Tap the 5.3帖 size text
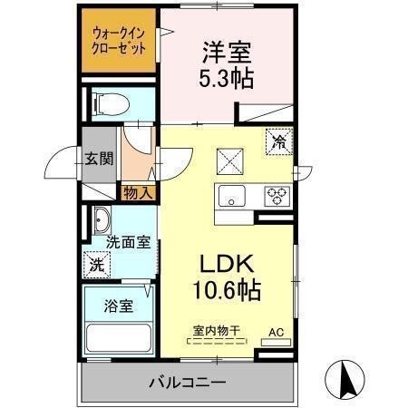pyautogui.click(x=227, y=77)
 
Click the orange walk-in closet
pyautogui.click(x=118, y=43)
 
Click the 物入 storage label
pyautogui.click(x=139, y=192)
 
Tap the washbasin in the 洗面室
pyautogui.click(x=101, y=219)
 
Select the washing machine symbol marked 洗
pyautogui.click(x=97, y=265)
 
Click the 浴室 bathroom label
pyautogui.click(x=119, y=306)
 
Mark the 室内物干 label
pyautogui.click(x=216, y=333)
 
